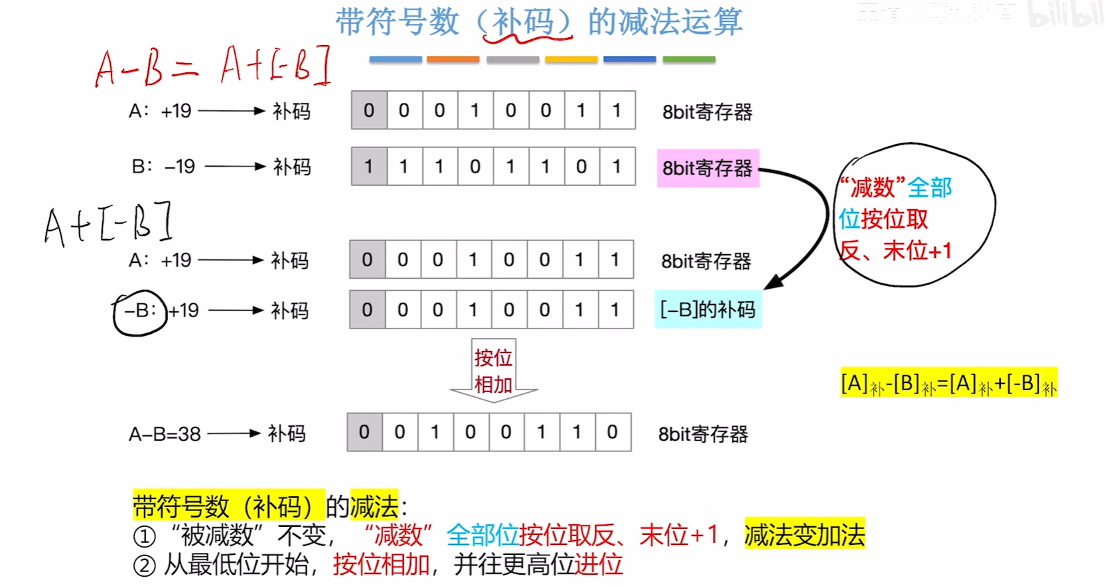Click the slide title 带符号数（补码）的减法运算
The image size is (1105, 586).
(539, 22)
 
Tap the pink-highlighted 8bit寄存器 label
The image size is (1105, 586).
(707, 169)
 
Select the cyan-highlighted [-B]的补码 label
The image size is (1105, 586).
(707, 309)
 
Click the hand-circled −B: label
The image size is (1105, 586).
(140, 312)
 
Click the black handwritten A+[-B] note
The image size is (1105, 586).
(108, 224)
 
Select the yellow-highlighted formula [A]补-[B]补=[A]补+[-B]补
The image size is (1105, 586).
(948, 384)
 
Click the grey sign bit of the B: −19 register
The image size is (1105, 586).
(368, 167)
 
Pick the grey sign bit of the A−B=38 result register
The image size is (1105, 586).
(364, 433)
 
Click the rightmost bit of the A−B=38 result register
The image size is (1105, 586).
(612, 433)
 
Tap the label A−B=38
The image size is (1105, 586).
(165, 435)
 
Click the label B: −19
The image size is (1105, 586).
(163, 167)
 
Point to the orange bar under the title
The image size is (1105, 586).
(453, 60)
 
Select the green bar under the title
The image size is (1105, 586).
(689, 60)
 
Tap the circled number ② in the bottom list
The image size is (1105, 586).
(144, 565)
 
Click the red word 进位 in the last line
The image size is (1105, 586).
(599, 565)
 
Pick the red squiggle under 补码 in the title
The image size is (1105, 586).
(519, 38)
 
